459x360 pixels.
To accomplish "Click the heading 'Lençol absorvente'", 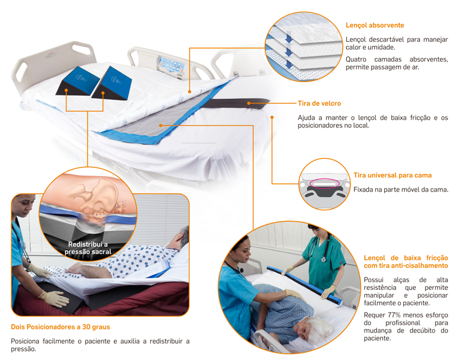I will [x=375, y=25].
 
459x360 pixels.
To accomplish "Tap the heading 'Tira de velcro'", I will [x=319, y=104].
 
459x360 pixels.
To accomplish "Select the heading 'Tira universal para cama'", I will [x=392, y=176].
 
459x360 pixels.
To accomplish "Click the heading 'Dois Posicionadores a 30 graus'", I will [x=60, y=327].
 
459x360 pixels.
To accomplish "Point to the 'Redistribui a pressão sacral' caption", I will [x=88, y=248].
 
